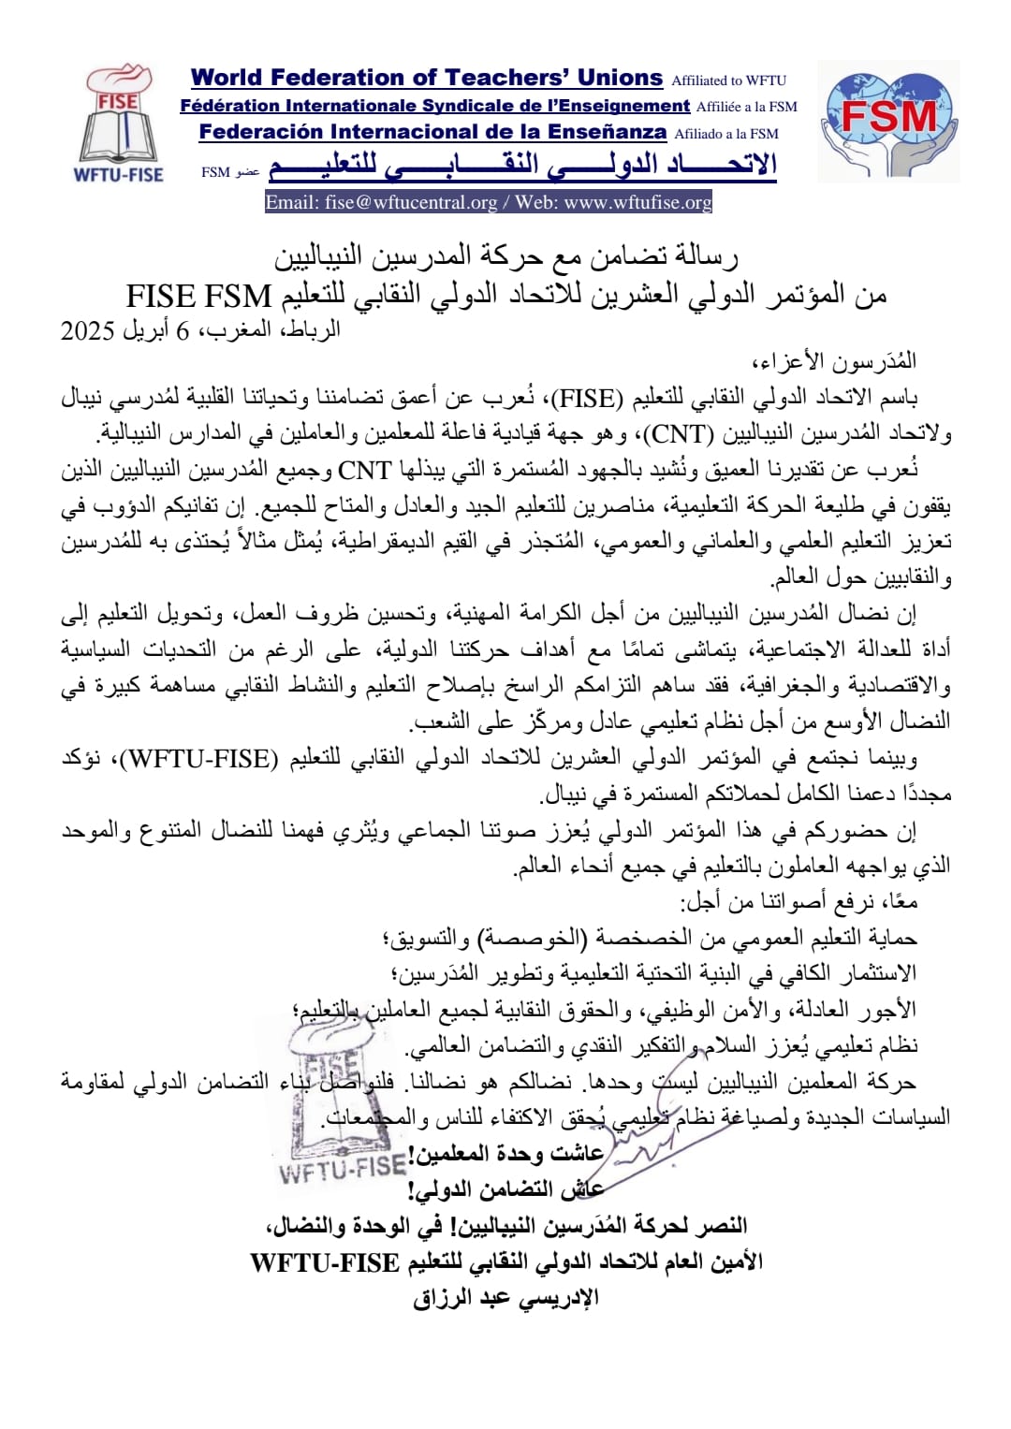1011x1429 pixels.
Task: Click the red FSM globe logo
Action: pos(888,120)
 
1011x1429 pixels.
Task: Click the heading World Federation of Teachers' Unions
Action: pos(426,79)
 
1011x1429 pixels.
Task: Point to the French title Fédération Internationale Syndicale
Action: pos(434,106)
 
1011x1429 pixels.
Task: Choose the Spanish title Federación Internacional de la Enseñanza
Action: pos(432,132)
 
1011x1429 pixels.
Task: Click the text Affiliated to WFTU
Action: pos(728,80)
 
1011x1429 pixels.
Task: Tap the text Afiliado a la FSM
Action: pos(726,134)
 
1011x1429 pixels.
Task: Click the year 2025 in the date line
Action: pos(87,330)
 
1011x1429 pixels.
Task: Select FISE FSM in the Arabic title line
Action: pos(198,296)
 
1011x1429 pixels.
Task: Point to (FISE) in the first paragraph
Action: pos(586,399)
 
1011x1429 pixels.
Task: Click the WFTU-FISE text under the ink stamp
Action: pos(343,1169)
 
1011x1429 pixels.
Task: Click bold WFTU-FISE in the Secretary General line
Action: pos(325,1262)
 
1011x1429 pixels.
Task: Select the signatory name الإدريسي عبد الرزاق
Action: pos(505,1299)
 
